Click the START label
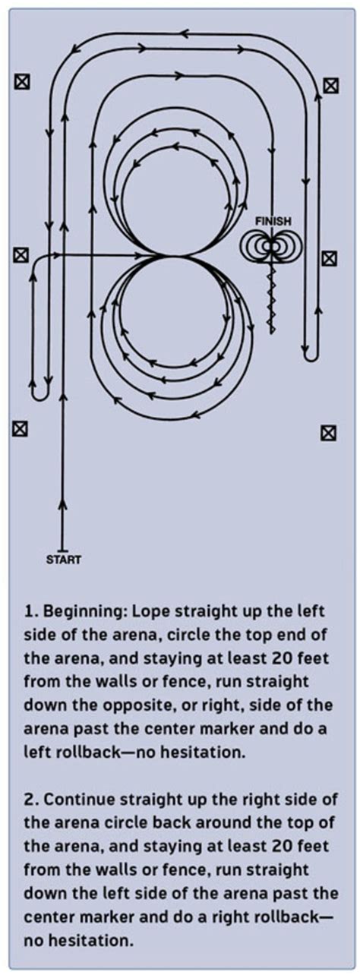point(64,560)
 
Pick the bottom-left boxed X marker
point(21,428)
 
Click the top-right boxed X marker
point(330,85)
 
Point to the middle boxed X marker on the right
point(329,258)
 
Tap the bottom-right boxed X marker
point(328,433)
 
